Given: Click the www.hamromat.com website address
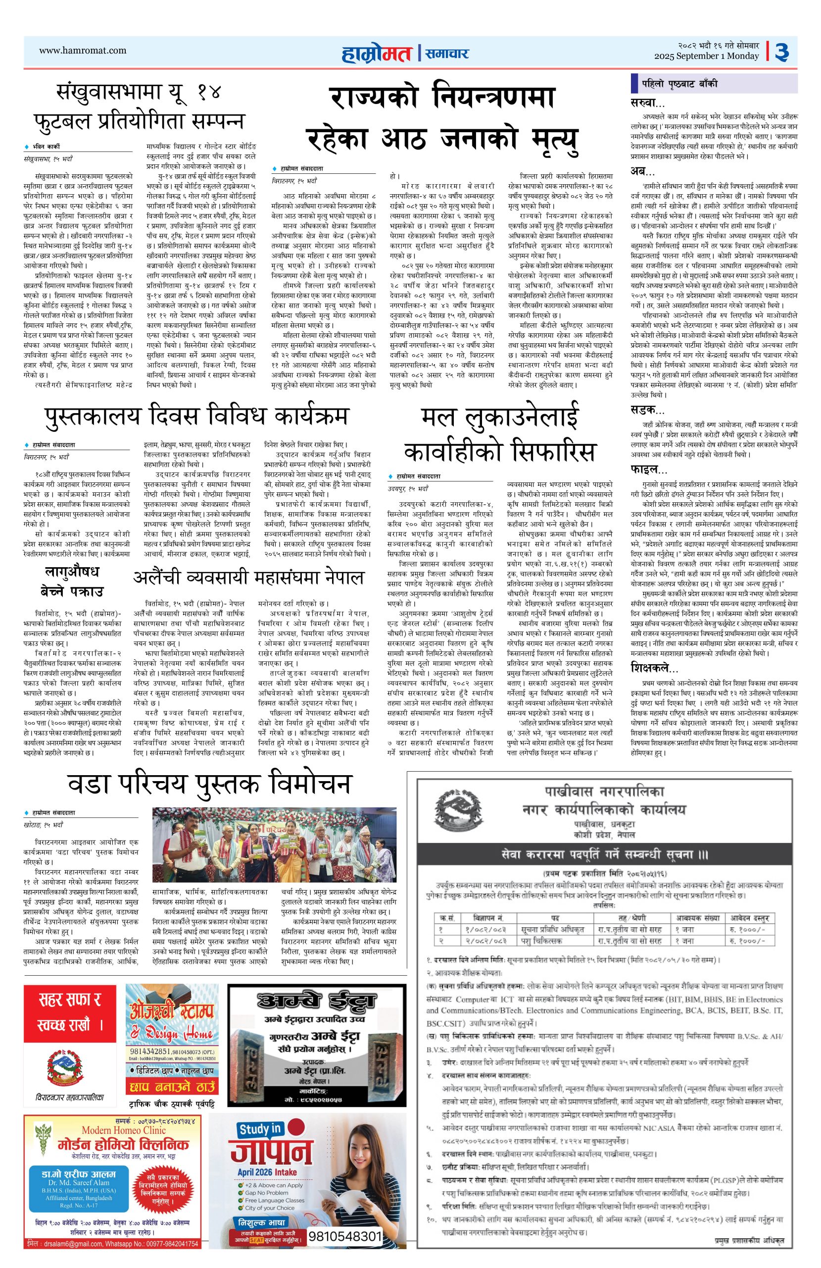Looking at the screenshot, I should point(83,50).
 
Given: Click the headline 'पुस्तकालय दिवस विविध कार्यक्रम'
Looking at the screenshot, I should point(196,416).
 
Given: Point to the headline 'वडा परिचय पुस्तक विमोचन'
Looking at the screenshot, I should point(210,784).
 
